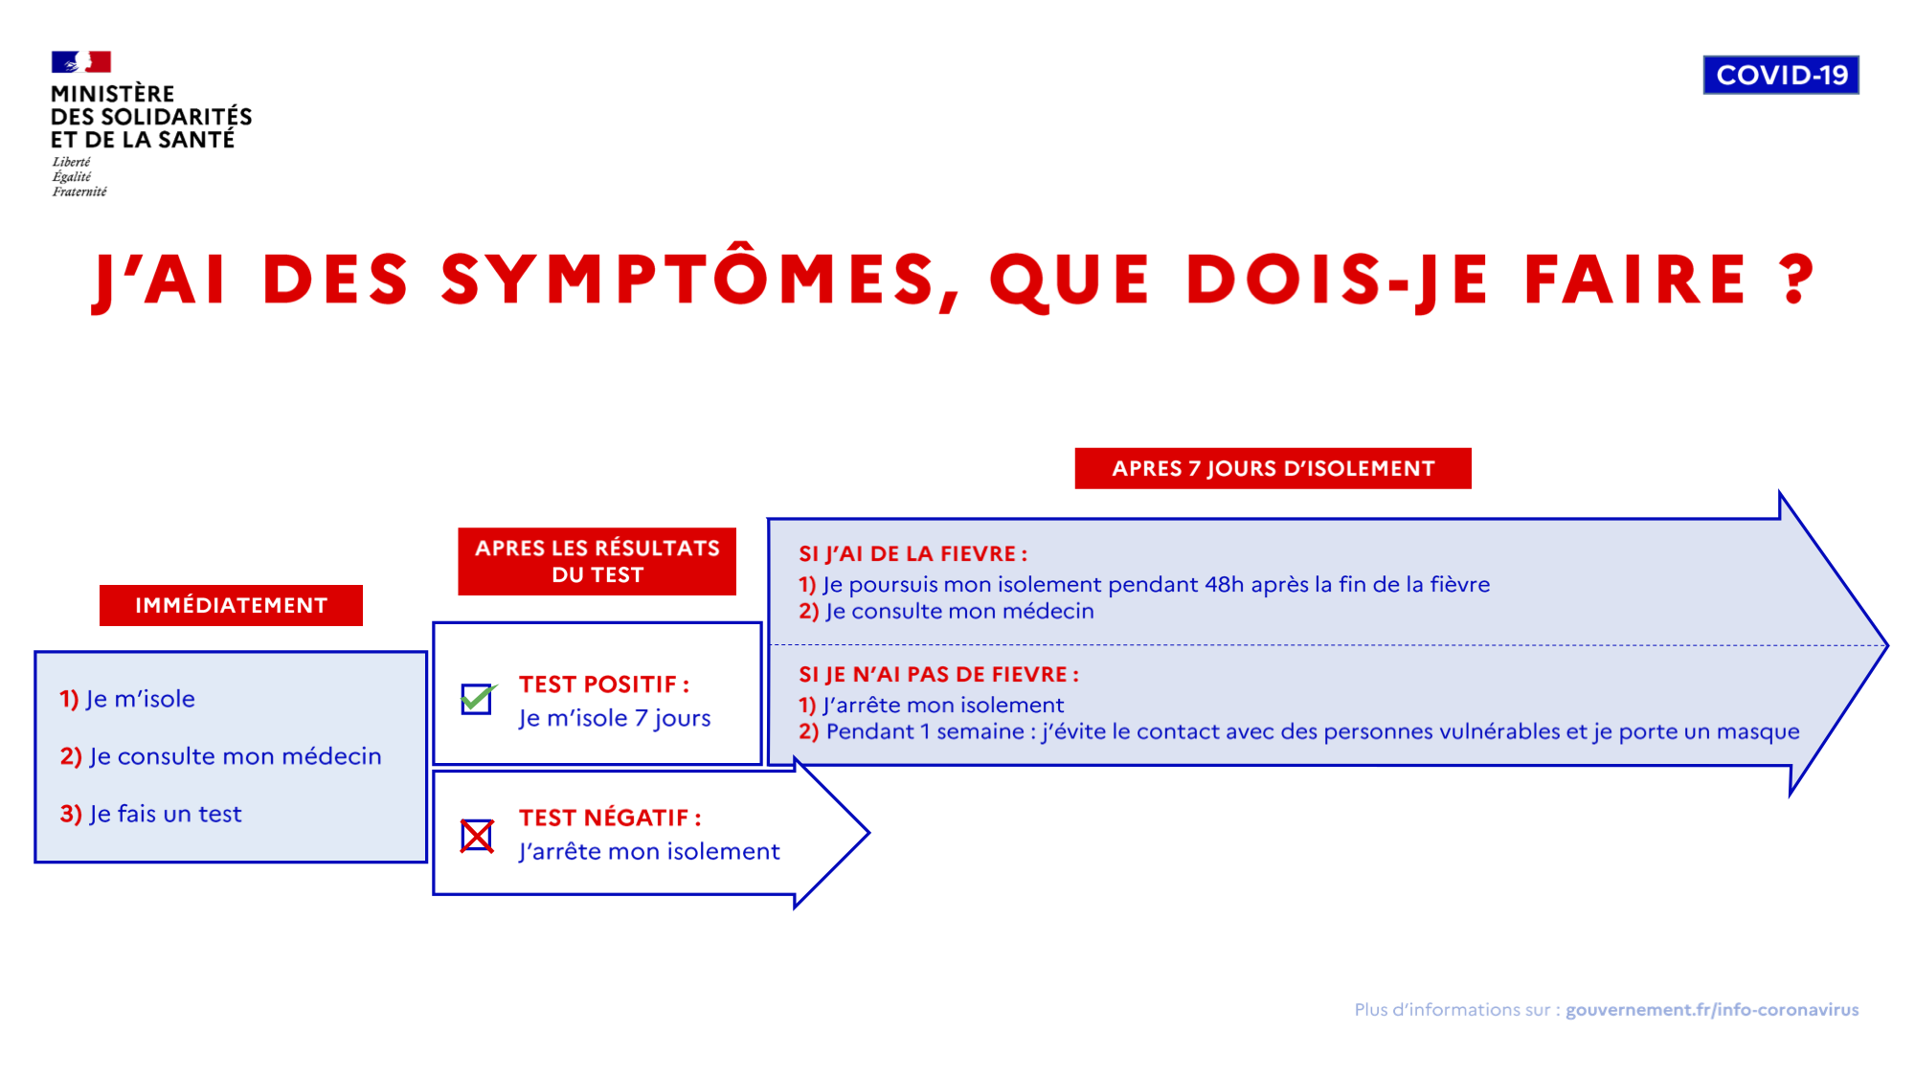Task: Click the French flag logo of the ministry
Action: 81,62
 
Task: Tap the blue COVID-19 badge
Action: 1781,75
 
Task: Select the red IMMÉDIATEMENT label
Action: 231,605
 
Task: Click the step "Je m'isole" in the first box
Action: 127,699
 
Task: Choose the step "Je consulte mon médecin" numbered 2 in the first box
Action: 220,756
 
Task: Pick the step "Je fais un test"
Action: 150,814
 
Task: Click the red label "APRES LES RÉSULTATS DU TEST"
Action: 597,561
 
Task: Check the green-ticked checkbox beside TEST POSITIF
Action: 477,699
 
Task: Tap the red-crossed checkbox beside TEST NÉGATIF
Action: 477,836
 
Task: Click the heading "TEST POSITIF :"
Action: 604,684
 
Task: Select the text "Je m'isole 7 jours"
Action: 615,718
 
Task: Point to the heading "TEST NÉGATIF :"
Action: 610,818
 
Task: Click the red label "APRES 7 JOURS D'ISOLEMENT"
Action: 1273,468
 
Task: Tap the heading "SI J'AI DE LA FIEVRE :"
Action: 913,553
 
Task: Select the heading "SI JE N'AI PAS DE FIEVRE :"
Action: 939,674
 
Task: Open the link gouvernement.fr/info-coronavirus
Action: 1712,1010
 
